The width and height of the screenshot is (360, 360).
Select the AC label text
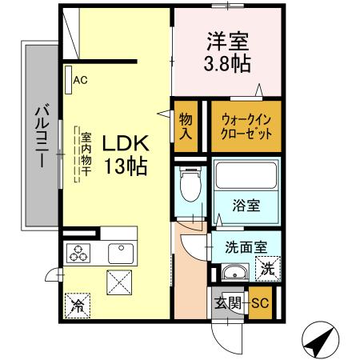(x=80, y=79)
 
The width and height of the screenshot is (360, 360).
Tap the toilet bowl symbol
(x=190, y=188)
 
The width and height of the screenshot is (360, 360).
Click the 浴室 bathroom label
(x=245, y=205)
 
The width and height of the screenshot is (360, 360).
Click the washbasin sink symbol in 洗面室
(x=233, y=270)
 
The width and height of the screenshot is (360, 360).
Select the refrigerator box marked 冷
(x=78, y=305)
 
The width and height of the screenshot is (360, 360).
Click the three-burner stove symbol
(x=81, y=252)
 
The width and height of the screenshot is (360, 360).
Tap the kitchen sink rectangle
(x=122, y=252)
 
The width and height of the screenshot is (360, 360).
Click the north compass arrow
(x=320, y=342)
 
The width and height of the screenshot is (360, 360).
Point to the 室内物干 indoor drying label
(x=85, y=156)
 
